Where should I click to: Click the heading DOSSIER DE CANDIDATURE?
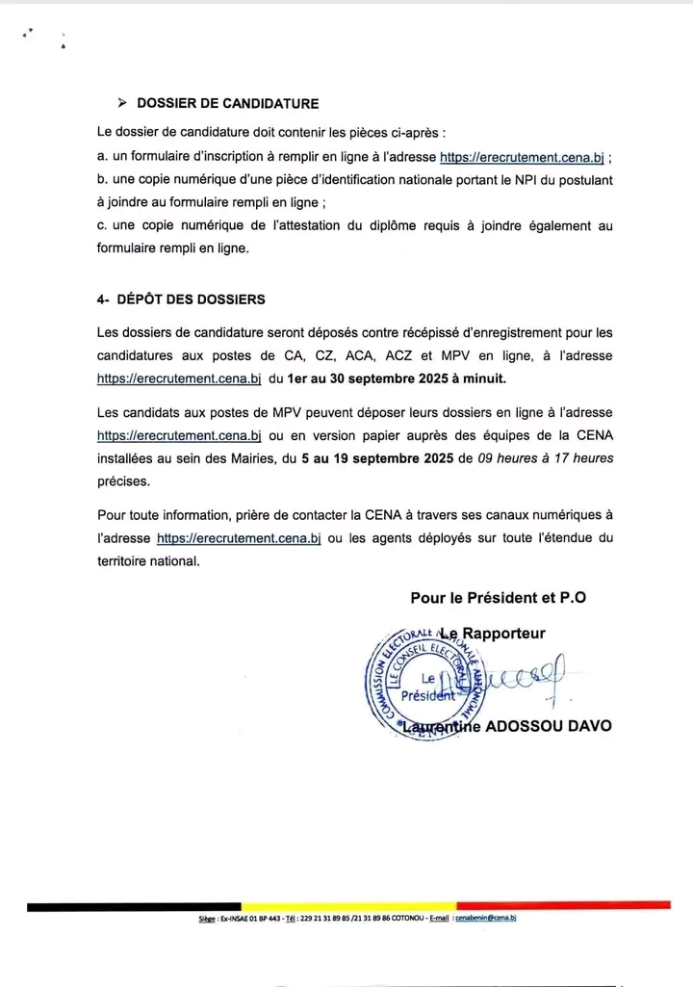pyautogui.click(x=228, y=103)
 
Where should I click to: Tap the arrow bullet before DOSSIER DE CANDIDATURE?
pyautogui.click(x=121, y=103)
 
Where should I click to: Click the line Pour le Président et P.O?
pyautogui.click(x=498, y=597)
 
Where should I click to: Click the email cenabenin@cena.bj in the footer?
pyautogui.click(x=486, y=920)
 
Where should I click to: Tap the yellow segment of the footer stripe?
pyautogui.click(x=346, y=906)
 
